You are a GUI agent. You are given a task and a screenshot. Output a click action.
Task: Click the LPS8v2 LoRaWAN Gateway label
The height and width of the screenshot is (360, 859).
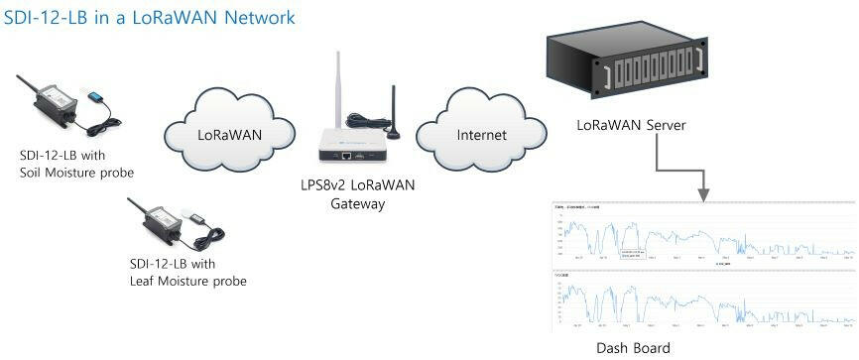click(x=358, y=194)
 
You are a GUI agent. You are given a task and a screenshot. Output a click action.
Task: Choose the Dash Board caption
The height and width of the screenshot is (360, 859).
click(x=633, y=347)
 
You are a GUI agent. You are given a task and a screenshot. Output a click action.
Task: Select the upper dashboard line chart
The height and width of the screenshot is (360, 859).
click(x=702, y=234)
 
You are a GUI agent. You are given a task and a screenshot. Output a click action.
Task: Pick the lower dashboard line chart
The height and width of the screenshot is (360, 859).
click(x=702, y=301)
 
